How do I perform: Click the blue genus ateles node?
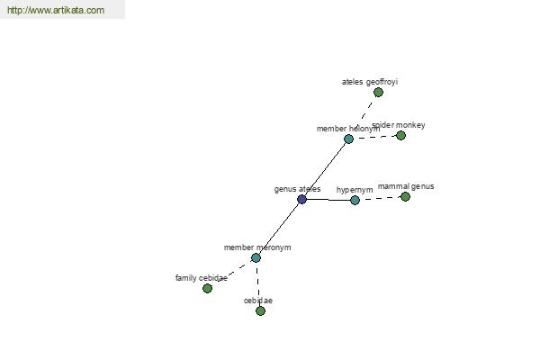click(301, 199)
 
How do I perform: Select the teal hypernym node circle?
click(355, 200)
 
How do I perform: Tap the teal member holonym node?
click(348, 139)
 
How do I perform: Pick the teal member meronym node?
click(256, 257)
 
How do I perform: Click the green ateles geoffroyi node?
click(378, 93)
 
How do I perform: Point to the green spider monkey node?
click(400, 135)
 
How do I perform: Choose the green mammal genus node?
click(405, 197)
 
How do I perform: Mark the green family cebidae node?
click(207, 288)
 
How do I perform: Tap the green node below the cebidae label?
click(260, 311)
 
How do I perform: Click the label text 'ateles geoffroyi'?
click(370, 82)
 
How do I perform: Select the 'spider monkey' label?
click(399, 125)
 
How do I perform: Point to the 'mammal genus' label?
click(406, 186)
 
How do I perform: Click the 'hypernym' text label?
click(355, 190)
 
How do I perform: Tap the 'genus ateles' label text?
click(297, 189)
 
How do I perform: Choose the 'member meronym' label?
click(257, 247)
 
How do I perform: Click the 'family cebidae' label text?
click(201, 278)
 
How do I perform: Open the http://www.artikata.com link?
click(56, 10)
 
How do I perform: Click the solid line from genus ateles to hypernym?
click(328, 200)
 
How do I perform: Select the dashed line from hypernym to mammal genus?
click(380, 198)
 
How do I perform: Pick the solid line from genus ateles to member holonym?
click(325, 169)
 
